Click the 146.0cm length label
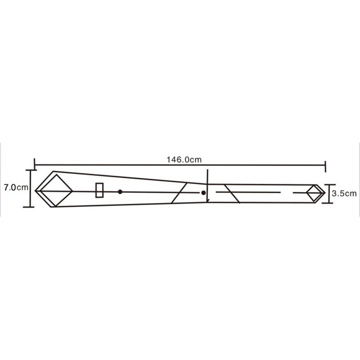184,160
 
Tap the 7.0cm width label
16,187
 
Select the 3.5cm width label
344,193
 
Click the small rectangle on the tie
99,190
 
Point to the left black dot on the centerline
120,192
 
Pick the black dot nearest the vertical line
203,193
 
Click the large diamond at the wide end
57,190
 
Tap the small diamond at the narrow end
314,193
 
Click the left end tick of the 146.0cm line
35,164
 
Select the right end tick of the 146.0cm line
325,166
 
